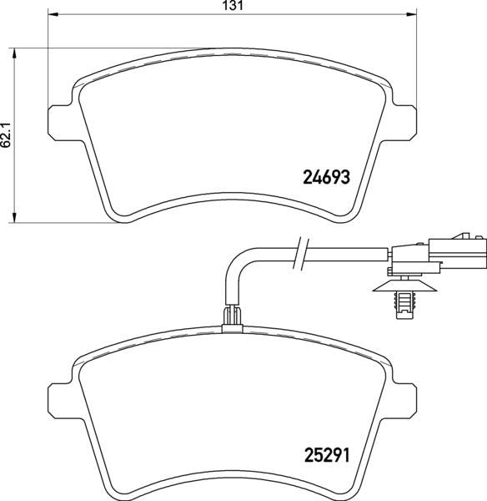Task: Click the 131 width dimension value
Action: [x=233, y=6]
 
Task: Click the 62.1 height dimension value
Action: [x=6, y=134]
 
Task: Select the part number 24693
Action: [x=326, y=177]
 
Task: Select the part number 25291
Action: [x=327, y=455]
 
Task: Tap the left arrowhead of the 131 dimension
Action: [x=53, y=14]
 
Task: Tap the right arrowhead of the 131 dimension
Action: [x=411, y=14]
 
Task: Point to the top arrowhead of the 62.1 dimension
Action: [x=13, y=53]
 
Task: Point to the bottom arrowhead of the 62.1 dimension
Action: [x=13, y=217]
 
